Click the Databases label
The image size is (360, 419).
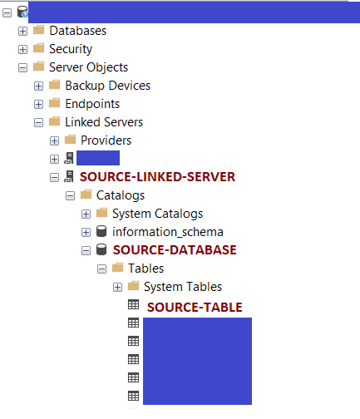(78, 31)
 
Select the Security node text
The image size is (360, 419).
(71, 49)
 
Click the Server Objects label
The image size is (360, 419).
(88, 67)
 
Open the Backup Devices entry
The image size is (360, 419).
(108, 86)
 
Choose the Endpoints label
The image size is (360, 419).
(92, 104)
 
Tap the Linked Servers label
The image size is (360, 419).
(104, 122)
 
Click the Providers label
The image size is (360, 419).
(106, 140)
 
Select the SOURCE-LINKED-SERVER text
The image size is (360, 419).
(157, 177)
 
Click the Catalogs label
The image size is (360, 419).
(121, 195)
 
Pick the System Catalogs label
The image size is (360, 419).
(157, 214)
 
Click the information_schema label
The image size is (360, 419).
(168, 232)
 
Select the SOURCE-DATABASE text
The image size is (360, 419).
(175, 250)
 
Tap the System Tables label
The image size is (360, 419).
(183, 287)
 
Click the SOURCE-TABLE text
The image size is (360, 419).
(195, 308)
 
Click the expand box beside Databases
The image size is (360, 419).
(22, 31)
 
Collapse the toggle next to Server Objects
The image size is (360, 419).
(22, 67)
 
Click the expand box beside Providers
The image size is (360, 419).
(54, 140)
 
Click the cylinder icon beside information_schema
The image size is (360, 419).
(101, 231)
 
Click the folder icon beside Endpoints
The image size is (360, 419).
(54, 103)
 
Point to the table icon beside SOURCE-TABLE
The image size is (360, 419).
(133, 304)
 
